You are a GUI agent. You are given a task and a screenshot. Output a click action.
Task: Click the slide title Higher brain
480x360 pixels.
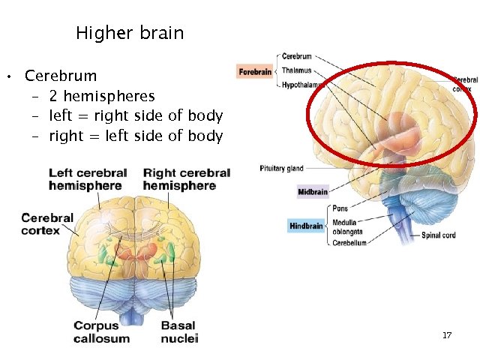click(x=130, y=34)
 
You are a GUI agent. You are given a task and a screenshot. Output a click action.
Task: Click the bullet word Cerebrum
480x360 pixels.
click(x=61, y=76)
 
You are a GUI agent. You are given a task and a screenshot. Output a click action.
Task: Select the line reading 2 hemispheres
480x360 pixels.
click(x=102, y=96)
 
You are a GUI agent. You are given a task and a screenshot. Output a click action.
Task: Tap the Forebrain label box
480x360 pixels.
click(x=256, y=72)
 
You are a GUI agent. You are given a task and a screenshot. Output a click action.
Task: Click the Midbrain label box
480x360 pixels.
click(x=313, y=192)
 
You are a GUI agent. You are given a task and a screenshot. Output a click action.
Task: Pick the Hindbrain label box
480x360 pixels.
click(x=307, y=226)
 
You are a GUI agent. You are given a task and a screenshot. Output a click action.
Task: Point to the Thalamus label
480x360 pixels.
click(x=296, y=70)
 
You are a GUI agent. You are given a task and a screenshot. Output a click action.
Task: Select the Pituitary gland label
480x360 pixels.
click(x=282, y=169)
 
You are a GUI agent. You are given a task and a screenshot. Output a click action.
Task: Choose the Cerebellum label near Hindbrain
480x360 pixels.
click(x=349, y=243)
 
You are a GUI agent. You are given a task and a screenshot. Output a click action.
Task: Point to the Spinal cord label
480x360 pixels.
click(x=439, y=235)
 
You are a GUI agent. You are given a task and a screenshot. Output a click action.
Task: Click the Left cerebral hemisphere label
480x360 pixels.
click(x=88, y=179)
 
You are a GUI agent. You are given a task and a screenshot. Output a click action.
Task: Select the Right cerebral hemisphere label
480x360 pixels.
click(x=186, y=179)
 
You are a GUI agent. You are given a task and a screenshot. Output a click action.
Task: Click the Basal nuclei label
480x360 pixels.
click(x=178, y=332)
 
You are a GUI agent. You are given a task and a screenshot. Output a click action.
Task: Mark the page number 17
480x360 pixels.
click(x=447, y=335)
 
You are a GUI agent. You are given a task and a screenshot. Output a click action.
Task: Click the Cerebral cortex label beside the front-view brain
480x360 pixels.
click(x=47, y=224)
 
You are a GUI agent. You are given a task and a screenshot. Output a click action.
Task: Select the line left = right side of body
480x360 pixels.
click(x=136, y=116)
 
